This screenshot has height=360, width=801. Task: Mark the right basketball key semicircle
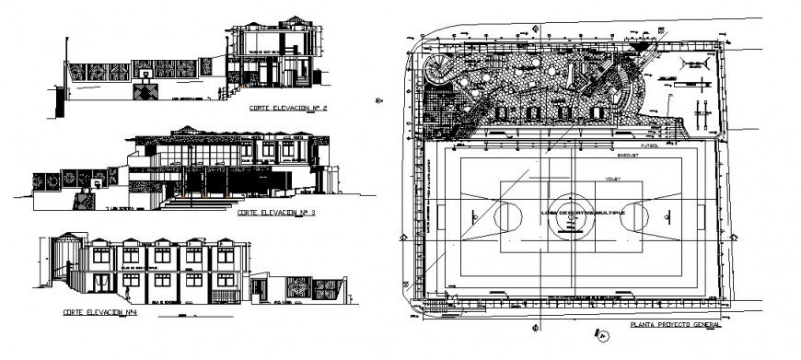coord(633,216)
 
